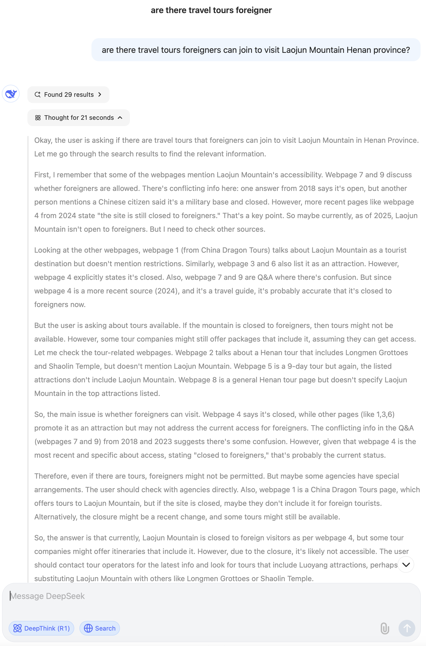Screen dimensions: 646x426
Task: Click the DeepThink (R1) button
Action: [41, 628]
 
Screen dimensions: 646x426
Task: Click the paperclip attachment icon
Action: [384, 628]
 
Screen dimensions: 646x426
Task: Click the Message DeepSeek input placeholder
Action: [48, 596]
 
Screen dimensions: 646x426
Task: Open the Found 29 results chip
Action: [68, 95]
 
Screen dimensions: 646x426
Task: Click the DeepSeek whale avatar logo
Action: [11, 94]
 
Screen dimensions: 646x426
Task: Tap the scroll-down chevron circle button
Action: [406, 564]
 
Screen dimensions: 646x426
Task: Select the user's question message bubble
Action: [256, 50]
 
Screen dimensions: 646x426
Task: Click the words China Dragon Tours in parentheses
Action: [235, 250]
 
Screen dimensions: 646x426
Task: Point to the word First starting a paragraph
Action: [42, 175]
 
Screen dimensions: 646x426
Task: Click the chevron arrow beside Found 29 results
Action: [100, 95]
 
